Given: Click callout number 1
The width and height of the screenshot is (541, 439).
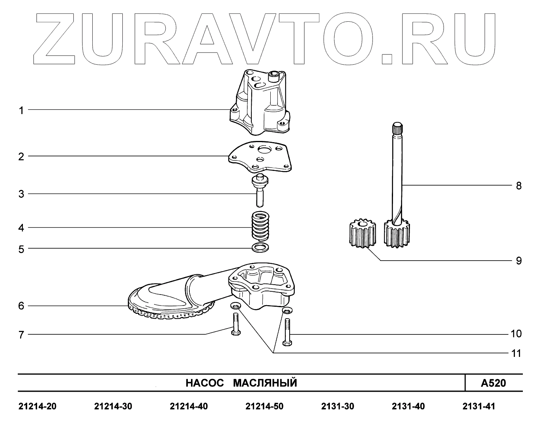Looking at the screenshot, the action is click(22, 111).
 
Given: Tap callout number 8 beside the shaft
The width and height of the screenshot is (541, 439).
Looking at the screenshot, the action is click(519, 186).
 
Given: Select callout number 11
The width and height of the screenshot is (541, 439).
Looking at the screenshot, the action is click(516, 353).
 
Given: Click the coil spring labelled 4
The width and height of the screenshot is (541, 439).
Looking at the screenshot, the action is click(260, 227).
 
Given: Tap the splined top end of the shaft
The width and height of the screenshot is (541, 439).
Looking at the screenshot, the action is click(397, 128).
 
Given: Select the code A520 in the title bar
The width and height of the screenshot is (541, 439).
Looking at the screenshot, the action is click(493, 383).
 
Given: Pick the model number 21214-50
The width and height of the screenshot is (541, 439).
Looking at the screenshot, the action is click(264, 407).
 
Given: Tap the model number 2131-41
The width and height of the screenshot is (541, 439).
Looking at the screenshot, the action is click(478, 407).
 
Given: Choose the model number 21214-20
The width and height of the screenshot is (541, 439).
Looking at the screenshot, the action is click(37, 407).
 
